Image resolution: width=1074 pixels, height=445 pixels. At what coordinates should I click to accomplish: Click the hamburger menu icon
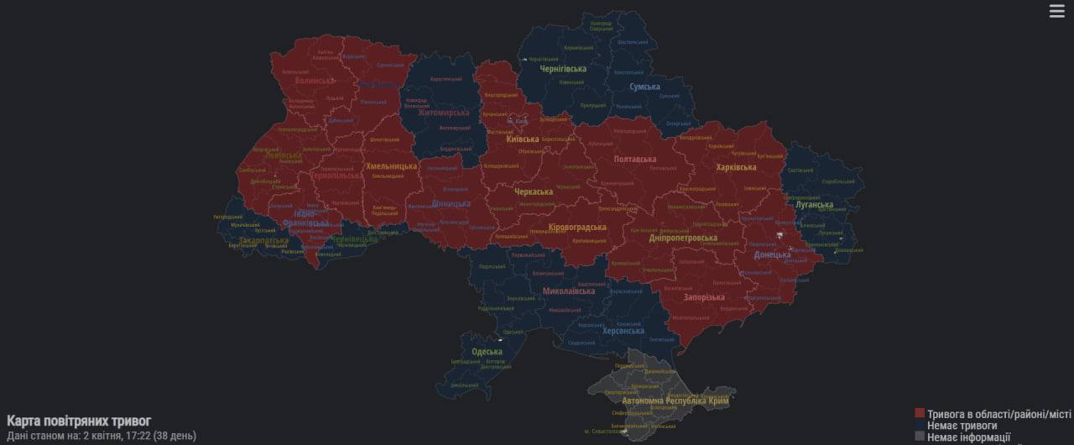click(x=1056, y=11)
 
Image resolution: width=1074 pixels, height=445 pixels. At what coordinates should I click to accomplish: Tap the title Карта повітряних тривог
click(x=79, y=421)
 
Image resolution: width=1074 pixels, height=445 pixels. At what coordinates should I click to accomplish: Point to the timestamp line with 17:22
click(x=101, y=436)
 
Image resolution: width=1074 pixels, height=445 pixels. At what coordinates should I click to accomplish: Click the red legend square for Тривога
click(x=920, y=413)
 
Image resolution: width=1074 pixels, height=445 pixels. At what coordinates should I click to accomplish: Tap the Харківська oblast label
click(x=736, y=167)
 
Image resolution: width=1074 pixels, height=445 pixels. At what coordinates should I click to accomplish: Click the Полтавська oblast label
click(x=635, y=159)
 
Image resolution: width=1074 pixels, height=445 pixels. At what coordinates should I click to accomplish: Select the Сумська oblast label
click(x=644, y=86)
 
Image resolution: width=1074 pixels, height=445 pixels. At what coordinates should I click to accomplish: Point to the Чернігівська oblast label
click(x=563, y=70)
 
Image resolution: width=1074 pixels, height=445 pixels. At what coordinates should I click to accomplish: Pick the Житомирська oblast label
click(x=444, y=113)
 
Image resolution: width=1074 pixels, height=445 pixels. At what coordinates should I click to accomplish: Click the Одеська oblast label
click(x=487, y=352)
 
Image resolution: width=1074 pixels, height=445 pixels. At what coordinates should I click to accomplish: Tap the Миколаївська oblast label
click(x=569, y=291)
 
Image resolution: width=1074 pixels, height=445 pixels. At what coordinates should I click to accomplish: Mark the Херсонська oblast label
click(x=623, y=332)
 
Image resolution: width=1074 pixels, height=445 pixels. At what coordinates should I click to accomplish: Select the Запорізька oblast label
click(x=704, y=297)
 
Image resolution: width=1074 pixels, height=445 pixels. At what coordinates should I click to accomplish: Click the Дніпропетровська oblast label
click(x=683, y=238)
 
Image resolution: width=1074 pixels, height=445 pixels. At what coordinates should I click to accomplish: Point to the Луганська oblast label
click(x=815, y=205)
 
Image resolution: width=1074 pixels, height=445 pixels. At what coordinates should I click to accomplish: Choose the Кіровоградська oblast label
click(x=576, y=228)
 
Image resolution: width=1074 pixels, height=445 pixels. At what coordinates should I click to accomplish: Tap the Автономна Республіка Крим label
click(x=662, y=400)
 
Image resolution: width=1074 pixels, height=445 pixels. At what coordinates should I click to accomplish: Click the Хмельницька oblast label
click(x=391, y=166)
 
